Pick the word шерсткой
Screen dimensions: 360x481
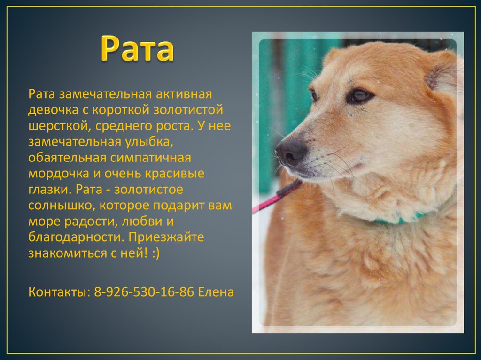pyautogui.click(x=56, y=126)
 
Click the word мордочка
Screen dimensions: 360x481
pyautogui.click(x=57, y=174)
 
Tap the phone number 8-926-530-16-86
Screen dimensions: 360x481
pyautogui.click(x=144, y=292)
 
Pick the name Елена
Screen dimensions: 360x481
pyautogui.click(x=216, y=292)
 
